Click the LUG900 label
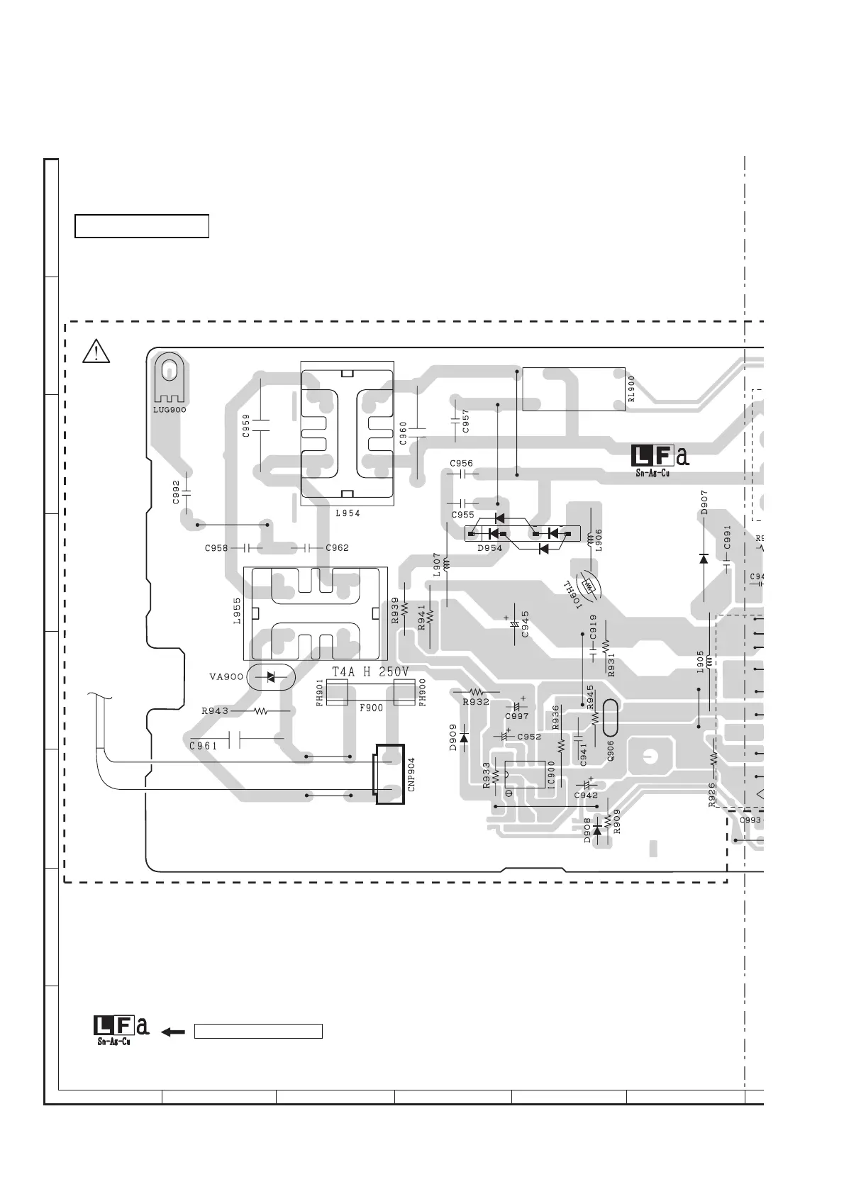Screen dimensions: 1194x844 point(170,410)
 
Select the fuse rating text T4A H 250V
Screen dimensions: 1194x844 point(370,672)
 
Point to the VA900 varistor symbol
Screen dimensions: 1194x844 point(270,677)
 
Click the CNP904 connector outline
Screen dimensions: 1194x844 point(389,774)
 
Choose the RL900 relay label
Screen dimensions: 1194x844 point(631,389)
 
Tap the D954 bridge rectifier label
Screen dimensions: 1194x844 point(489,548)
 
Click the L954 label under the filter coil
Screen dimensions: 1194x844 point(348,513)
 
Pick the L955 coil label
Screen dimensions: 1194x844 point(237,610)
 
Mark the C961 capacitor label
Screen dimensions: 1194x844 point(204,746)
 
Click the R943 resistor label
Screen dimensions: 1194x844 point(215,710)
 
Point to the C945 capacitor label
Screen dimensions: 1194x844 point(526,624)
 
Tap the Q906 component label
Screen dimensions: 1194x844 point(611,751)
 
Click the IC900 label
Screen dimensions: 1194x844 point(552,774)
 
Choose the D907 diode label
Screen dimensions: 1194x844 point(704,502)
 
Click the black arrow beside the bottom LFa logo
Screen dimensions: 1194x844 point(173,1032)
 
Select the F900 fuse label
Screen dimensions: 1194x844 point(371,708)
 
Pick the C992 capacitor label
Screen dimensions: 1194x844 point(176,492)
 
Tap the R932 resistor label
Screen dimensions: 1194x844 point(476,702)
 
